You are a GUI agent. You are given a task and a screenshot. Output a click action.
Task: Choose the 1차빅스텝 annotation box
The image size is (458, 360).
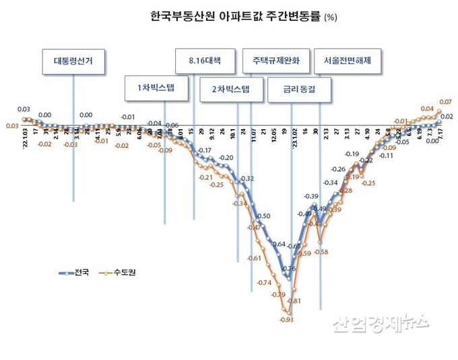click(155, 89)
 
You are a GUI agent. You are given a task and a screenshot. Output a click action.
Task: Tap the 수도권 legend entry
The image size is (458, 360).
click(115, 274)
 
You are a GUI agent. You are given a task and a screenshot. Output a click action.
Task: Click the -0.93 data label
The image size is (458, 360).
click(286, 320)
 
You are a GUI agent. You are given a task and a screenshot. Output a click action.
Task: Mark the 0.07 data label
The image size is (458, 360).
click(445, 102)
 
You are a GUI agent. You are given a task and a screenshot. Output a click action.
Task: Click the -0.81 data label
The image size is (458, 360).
click(294, 300)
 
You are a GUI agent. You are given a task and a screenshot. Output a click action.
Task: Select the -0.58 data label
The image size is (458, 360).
click(321, 252)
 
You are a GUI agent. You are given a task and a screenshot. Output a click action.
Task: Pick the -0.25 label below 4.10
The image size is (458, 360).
click(368, 182)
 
